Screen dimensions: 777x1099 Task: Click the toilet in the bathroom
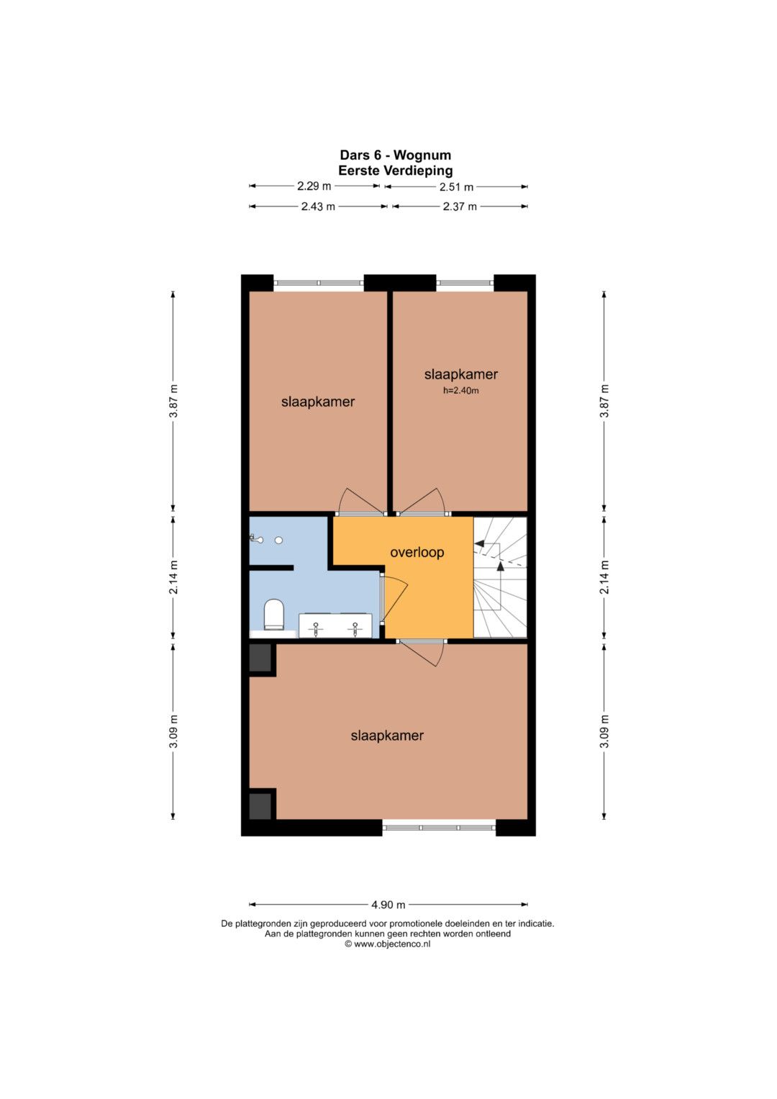coord(274,614)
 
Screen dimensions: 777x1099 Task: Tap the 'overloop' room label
coord(417,553)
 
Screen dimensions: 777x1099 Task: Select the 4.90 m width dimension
coord(388,904)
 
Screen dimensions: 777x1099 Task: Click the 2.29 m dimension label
coord(314,186)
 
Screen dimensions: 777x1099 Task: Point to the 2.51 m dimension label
coord(456,187)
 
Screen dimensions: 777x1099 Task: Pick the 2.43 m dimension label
coord(318,207)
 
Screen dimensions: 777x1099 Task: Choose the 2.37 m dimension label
coord(460,207)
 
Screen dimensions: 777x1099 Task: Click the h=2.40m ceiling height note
coord(460,391)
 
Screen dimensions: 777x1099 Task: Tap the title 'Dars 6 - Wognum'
coord(396,155)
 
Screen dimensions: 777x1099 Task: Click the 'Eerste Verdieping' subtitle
coord(396,171)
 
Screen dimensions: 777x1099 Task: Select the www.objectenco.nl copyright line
coord(388,944)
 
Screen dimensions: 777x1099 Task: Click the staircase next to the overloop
coord(500,577)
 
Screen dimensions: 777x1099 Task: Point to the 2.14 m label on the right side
coord(604,577)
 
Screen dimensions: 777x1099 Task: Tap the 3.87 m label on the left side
coord(173,401)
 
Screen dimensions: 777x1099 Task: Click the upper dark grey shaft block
coord(260,658)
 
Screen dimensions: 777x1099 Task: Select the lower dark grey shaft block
coord(260,806)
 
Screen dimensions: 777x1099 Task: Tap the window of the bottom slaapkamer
coord(439,827)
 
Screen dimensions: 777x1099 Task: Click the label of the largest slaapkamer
coord(387,736)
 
